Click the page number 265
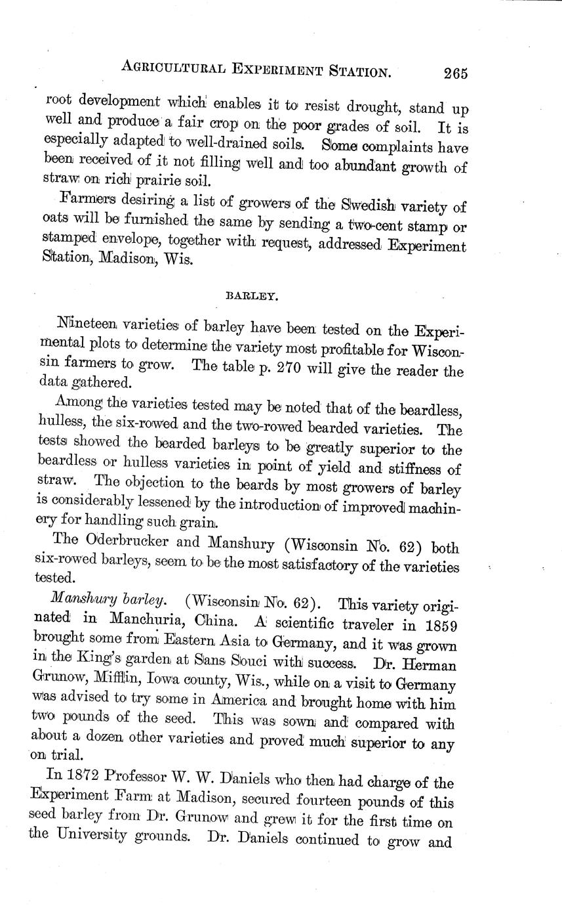tap(454, 73)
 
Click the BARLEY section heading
tap(252, 296)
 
